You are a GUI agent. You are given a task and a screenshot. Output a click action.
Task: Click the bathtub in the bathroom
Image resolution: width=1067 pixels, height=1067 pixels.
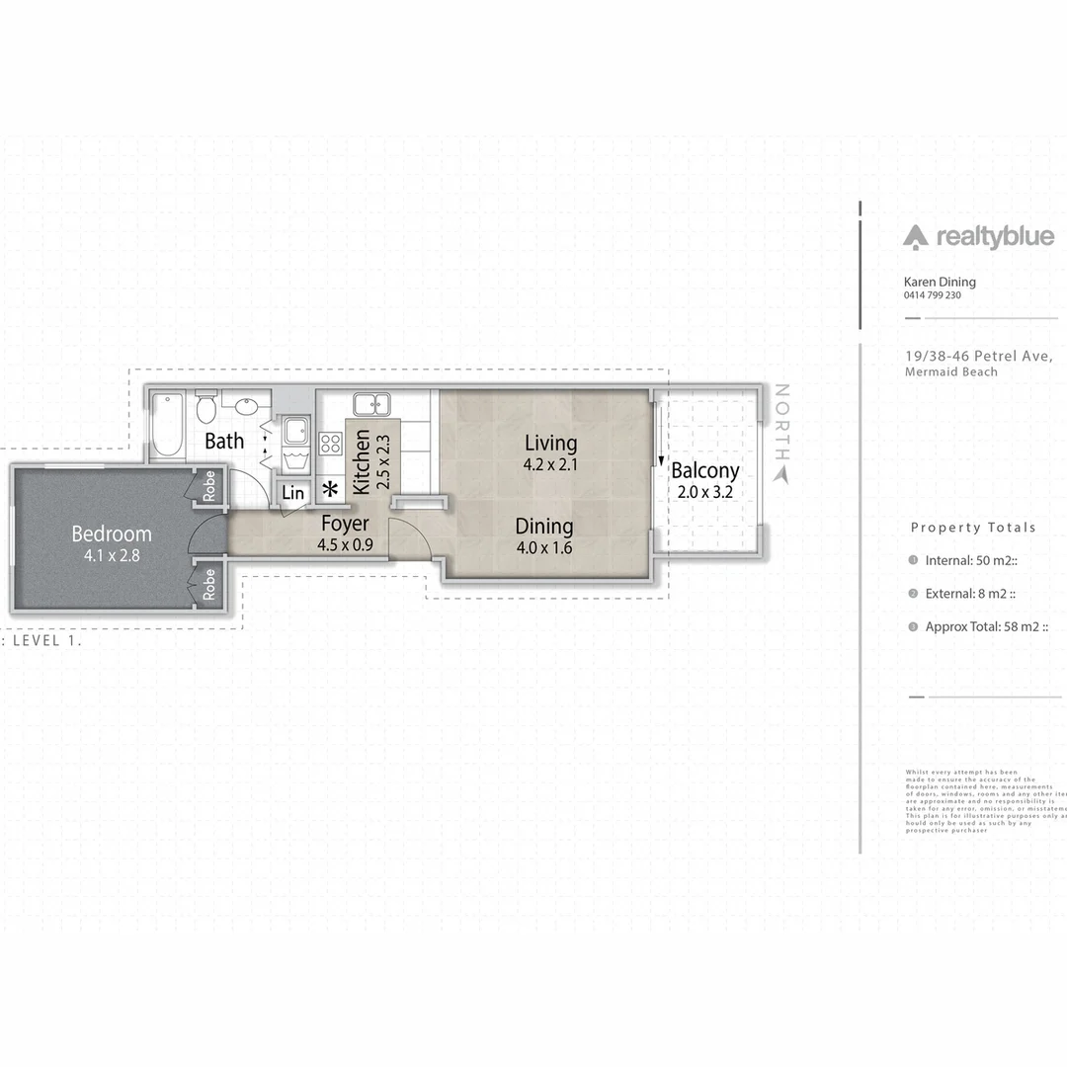tap(167, 424)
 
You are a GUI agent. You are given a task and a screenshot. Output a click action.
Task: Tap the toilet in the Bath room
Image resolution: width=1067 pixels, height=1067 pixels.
tap(206, 406)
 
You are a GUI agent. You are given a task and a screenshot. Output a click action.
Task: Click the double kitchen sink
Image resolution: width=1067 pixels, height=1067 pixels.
tap(371, 404)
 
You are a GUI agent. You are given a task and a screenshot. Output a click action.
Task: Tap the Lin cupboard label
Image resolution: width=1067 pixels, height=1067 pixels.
tap(293, 493)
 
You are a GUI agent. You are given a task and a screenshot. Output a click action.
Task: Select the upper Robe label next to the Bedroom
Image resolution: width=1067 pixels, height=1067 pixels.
tap(209, 485)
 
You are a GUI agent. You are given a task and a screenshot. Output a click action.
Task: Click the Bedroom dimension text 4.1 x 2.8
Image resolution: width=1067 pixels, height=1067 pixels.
tap(112, 555)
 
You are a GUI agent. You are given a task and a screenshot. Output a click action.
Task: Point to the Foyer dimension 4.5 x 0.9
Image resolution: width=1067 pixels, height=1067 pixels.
tap(345, 544)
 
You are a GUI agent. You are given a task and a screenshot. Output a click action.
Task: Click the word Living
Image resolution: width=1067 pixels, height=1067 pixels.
tap(550, 444)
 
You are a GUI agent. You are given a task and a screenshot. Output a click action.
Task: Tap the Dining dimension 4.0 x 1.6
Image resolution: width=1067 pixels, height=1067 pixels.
tap(543, 548)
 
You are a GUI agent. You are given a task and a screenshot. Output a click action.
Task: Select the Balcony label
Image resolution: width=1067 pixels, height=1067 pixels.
tap(704, 471)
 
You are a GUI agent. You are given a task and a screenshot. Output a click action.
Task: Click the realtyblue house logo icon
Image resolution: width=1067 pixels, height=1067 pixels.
tap(915, 236)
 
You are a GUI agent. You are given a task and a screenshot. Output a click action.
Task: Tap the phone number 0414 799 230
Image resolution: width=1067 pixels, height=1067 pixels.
tap(932, 295)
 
